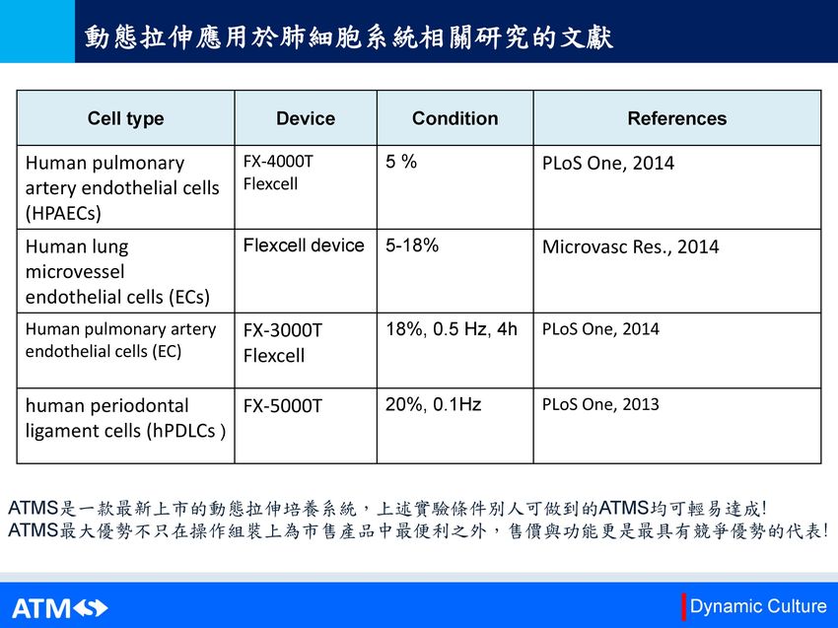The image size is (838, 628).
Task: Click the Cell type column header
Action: [125, 118]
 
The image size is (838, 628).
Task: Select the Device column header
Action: [306, 118]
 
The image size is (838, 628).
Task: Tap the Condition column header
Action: [454, 118]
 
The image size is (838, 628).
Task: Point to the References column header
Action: [677, 118]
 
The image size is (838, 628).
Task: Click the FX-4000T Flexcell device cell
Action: [278, 173]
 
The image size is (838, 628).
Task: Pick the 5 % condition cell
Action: [401, 162]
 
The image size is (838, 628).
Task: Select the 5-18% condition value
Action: [412, 245]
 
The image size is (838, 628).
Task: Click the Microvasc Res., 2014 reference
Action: [630, 246]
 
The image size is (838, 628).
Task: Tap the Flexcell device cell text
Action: [304, 245]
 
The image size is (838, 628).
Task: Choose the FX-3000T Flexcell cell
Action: [283, 343]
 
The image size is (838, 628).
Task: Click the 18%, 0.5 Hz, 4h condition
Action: [452, 329]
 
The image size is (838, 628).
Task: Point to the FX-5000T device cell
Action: [283, 405]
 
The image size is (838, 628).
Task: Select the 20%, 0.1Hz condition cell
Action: [433, 404]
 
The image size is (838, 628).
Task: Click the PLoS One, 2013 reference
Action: [600, 404]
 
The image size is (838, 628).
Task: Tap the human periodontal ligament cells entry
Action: [125, 418]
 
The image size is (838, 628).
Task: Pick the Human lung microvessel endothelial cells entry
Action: [117, 271]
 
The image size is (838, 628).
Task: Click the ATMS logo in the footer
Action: [60, 608]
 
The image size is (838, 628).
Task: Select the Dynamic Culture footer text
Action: [758, 606]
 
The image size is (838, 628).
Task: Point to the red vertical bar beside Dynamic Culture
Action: [683, 606]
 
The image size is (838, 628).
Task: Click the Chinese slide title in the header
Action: [348, 36]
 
